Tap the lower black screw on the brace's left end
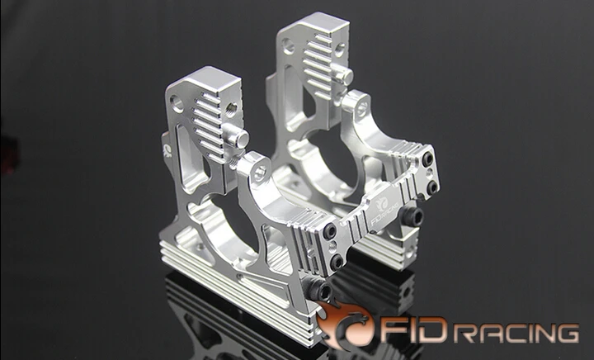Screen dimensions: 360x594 [x=337, y=262]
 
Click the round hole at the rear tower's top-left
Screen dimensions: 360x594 [x=288, y=46]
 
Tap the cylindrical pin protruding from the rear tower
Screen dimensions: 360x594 [x=345, y=78]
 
